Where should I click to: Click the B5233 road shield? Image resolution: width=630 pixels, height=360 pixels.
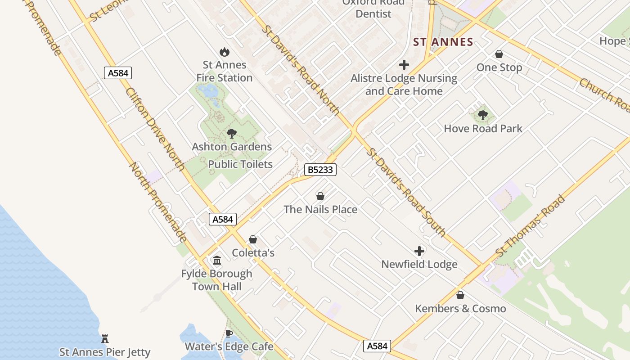320,170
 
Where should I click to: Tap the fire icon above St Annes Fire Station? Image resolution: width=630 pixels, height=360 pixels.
224,52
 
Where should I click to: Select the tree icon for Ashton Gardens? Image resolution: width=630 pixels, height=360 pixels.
232,133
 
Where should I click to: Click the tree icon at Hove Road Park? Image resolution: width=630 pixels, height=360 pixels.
483,115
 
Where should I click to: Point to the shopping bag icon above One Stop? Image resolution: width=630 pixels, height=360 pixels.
499,54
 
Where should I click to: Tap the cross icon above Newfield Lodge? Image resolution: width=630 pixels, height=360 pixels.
419,251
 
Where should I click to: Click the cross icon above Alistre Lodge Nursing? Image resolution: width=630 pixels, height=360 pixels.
404,65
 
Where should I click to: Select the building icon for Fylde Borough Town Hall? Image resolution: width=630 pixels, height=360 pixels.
217,260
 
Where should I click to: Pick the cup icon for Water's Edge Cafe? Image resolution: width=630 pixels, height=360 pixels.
229,333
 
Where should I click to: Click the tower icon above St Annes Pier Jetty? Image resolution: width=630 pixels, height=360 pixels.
105,338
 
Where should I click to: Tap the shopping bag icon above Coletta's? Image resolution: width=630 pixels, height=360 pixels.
253,239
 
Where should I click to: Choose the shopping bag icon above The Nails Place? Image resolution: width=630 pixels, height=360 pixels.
320,196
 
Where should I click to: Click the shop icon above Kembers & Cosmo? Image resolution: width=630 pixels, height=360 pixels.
460,295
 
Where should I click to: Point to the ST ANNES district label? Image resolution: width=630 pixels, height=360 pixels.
443,42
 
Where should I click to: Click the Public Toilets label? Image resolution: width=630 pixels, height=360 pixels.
240,164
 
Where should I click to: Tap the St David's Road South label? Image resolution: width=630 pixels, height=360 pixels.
406,192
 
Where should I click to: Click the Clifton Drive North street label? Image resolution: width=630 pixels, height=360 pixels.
155,129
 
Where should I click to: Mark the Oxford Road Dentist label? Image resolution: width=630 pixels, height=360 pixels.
373,8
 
